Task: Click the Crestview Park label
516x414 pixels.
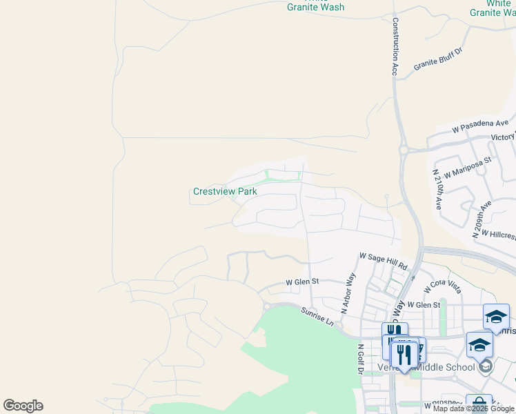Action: click(224, 191)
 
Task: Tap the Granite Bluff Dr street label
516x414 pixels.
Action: click(437, 57)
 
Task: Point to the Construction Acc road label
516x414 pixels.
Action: click(396, 46)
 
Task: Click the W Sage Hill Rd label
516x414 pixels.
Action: click(383, 260)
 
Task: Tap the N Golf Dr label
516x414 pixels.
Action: click(360, 359)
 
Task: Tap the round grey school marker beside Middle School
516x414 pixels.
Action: click(488, 366)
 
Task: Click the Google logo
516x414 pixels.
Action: click(23, 406)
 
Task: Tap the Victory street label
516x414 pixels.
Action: click(503, 137)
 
